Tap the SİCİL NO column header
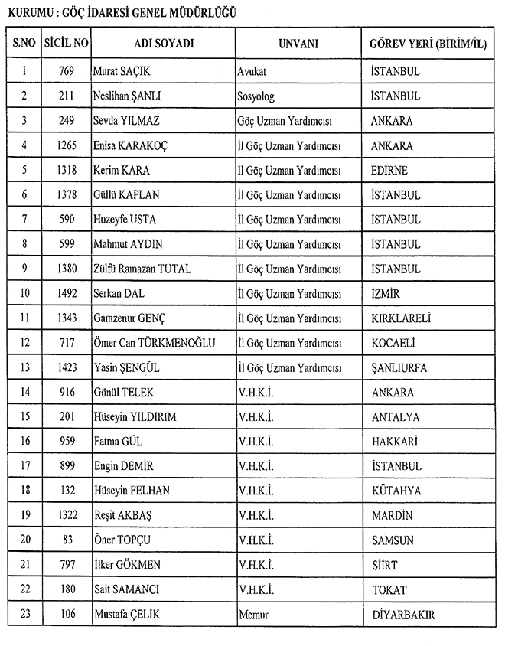[x=66, y=44]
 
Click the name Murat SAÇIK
[x=121, y=72]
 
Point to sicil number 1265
[x=66, y=145]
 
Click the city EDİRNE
[x=389, y=170]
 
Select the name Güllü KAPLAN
[x=125, y=195]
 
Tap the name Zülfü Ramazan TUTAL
[x=142, y=269]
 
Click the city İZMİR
[x=385, y=293]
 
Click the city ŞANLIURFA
[x=399, y=367]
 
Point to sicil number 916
[x=66, y=393]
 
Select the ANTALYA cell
[x=395, y=417]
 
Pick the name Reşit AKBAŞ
[x=123, y=516]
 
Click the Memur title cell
[x=253, y=615]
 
